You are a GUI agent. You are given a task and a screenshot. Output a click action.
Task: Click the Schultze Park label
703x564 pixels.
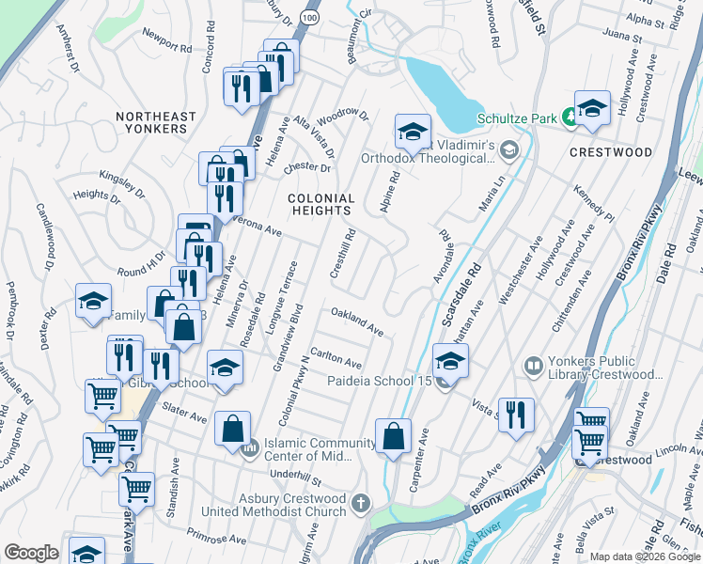coord(517,118)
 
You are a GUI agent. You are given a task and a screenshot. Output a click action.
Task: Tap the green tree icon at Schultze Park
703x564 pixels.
coord(570,118)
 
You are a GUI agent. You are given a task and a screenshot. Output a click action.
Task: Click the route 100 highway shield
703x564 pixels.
coord(309,18)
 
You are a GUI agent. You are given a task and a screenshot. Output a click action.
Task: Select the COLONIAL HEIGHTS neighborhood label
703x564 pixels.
coord(321,205)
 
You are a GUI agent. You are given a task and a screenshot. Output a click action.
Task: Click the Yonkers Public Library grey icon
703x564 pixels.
coord(533,364)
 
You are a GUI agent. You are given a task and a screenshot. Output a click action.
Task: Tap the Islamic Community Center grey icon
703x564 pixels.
coord(250,450)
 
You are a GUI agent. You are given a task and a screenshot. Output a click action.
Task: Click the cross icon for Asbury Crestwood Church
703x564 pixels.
coord(361,504)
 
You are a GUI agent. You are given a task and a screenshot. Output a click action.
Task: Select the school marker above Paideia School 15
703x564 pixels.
coord(450,361)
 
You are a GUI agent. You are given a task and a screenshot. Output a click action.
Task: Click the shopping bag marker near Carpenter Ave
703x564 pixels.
coord(393,436)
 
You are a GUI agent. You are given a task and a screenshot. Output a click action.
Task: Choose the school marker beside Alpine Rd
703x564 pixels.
coord(412,133)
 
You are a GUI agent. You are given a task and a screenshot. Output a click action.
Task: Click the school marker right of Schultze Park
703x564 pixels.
coord(592,108)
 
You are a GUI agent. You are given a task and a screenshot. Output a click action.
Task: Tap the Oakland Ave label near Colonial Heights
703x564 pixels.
coord(356,323)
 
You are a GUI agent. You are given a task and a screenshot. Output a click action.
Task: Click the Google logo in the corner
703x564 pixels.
coord(32,553)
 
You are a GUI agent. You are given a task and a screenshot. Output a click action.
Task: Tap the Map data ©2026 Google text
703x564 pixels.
coord(643,556)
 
